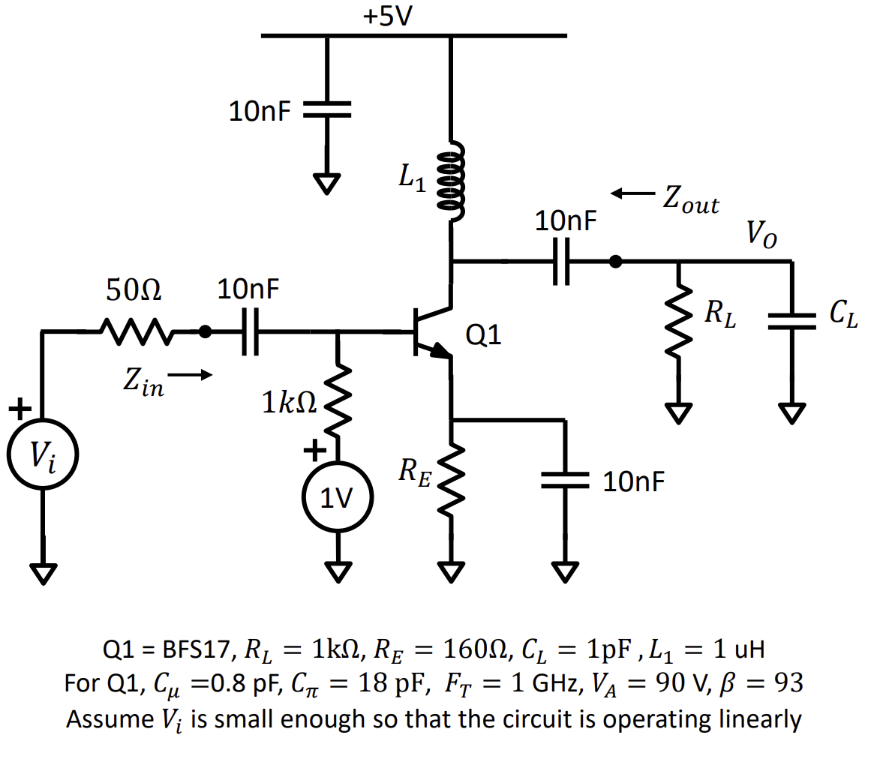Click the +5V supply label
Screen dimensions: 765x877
(388, 16)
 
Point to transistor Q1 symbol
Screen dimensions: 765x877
(431, 331)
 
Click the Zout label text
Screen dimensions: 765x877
(689, 201)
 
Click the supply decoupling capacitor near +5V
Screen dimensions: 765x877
(327, 111)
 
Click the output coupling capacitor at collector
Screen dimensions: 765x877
(562, 262)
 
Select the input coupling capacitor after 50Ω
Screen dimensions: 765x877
(250, 331)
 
